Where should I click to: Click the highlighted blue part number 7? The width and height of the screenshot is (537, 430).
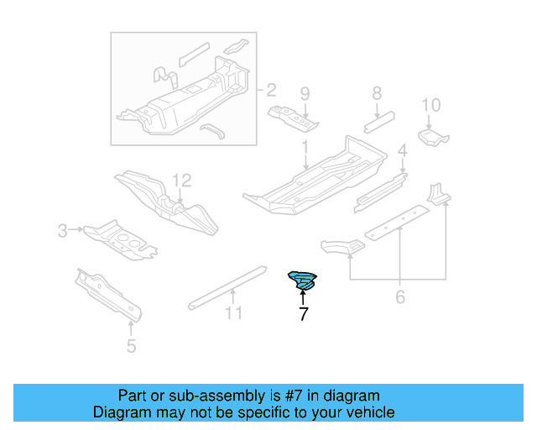[x=303, y=281]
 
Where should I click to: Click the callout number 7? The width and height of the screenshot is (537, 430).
[x=303, y=316]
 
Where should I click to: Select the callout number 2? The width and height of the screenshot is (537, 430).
[x=271, y=89]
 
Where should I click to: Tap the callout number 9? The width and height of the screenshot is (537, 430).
[x=305, y=93]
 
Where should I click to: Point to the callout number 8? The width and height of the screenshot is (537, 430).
[x=377, y=93]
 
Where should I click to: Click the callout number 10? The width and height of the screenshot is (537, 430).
[x=430, y=105]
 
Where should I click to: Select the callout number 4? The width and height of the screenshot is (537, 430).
[x=402, y=150]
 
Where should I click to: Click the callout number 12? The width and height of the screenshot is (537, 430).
[x=182, y=180]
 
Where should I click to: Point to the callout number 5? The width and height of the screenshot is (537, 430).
[x=131, y=344]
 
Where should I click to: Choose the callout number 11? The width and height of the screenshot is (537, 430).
[x=233, y=313]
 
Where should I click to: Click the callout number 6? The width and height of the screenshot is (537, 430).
[x=400, y=296]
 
